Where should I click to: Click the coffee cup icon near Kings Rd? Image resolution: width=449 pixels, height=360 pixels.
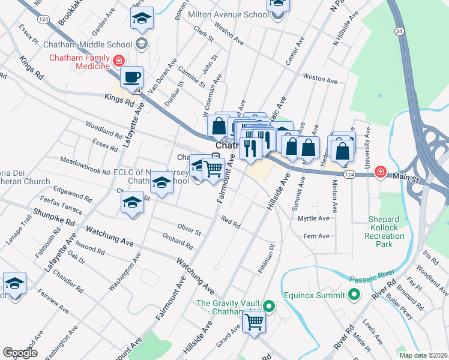[x=131, y=77]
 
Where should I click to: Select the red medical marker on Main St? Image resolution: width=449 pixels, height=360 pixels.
[x=380, y=172]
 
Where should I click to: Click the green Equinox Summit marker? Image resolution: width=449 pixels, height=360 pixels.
[x=354, y=295]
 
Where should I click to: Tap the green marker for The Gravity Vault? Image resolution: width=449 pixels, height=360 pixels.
[x=269, y=307]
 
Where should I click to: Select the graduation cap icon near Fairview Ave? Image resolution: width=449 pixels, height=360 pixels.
[x=14, y=283]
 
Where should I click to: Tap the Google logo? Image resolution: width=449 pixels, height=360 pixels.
[x=20, y=353]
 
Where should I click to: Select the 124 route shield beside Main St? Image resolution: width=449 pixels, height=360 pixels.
[x=349, y=173]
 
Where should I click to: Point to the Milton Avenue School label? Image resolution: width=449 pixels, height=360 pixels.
[x=228, y=14]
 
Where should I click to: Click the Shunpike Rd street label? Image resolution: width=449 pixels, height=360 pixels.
[x=54, y=216]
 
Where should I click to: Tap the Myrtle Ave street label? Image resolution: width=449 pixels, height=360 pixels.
[x=313, y=218]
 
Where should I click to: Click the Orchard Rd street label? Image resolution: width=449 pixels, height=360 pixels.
[x=178, y=242]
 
